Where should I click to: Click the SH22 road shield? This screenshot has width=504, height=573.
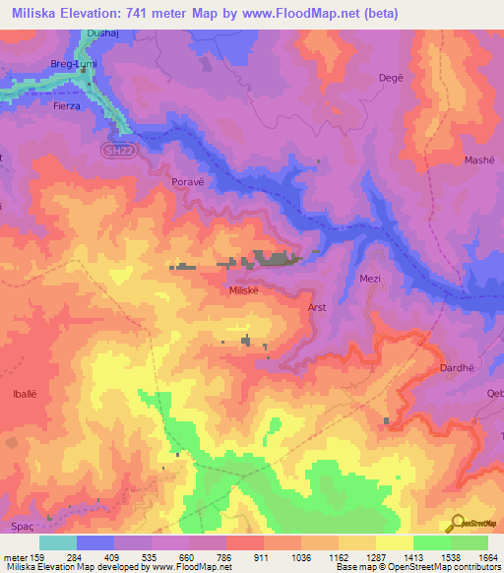point(117,151)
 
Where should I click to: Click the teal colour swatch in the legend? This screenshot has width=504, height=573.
point(57,542)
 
